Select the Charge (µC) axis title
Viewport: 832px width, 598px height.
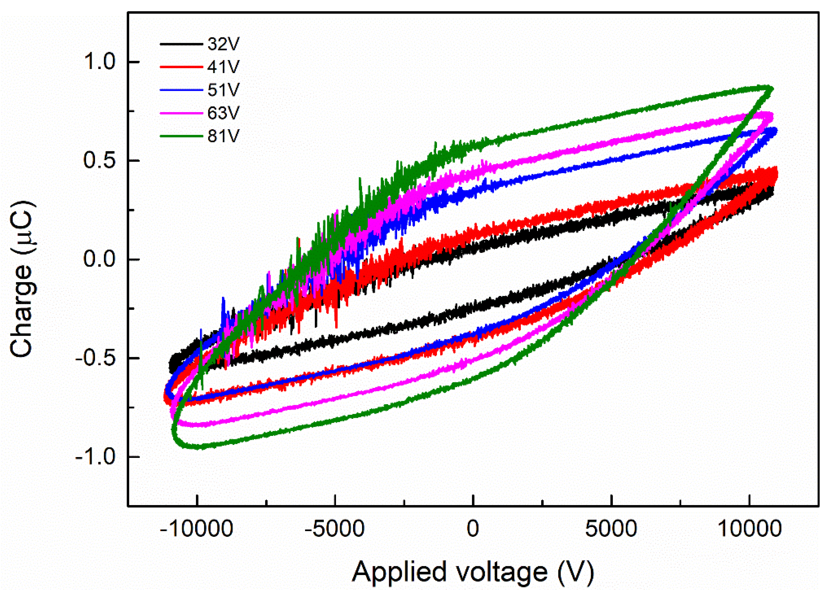tap(23, 279)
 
